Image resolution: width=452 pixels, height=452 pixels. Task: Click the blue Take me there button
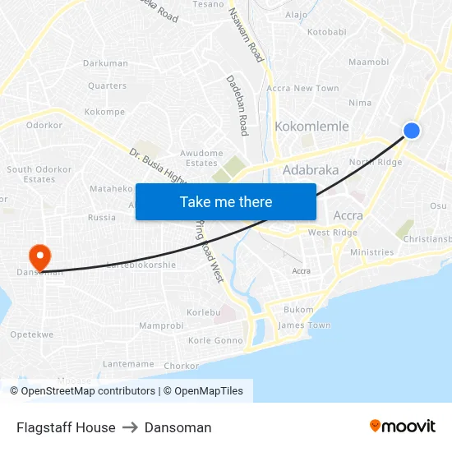(x=226, y=201)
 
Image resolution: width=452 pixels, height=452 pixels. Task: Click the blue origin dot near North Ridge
(x=412, y=131)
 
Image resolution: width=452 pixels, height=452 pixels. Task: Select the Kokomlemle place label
(x=311, y=127)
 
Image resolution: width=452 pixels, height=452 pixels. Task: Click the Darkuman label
(x=105, y=63)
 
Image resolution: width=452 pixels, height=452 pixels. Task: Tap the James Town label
(x=304, y=325)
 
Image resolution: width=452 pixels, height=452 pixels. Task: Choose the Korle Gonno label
(x=216, y=340)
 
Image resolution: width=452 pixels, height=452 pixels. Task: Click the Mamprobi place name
(x=161, y=326)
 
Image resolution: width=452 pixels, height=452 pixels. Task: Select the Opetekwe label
(x=32, y=335)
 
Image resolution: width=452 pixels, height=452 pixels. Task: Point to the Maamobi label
(x=368, y=62)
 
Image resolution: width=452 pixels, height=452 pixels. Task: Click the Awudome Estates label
(x=201, y=158)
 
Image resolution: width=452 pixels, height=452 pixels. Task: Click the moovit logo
(x=403, y=426)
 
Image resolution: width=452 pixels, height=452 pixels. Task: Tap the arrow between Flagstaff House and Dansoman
(x=130, y=427)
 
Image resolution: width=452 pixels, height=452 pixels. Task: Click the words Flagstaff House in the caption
(x=66, y=427)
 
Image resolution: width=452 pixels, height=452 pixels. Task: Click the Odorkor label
(x=44, y=126)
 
